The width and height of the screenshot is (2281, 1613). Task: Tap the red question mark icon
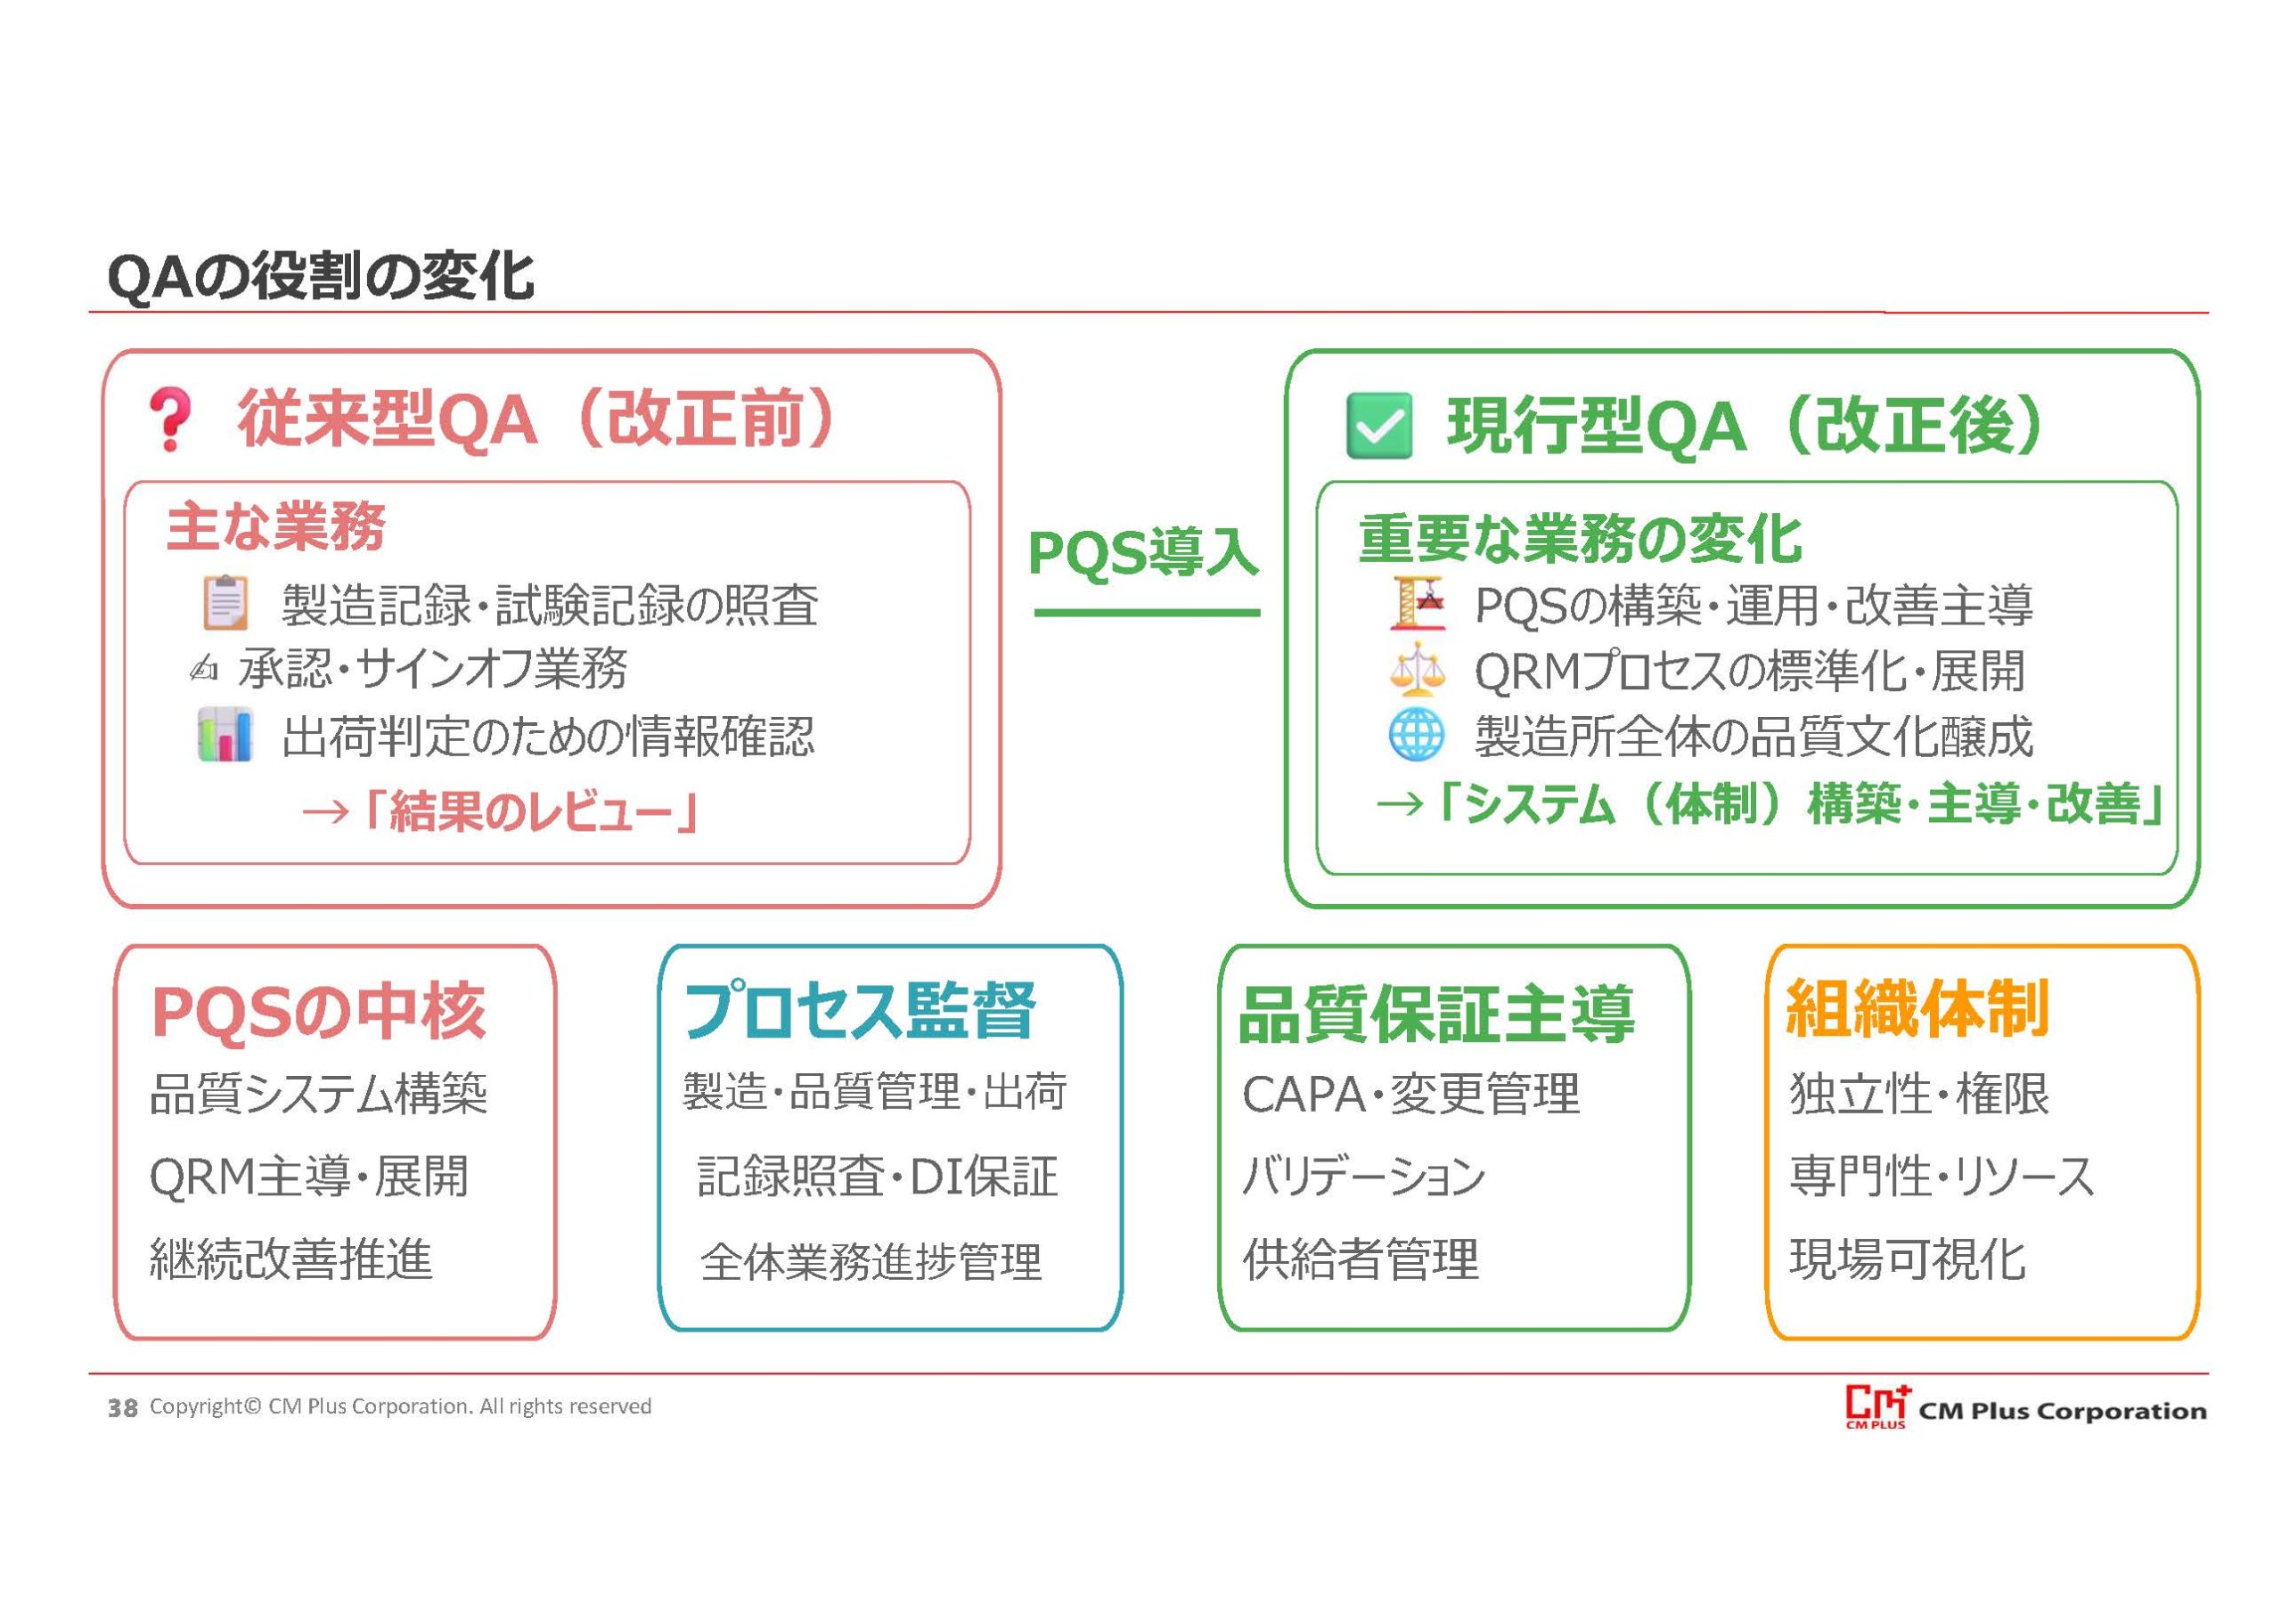click(169, 420)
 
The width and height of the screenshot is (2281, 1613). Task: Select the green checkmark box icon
click(1379, 426)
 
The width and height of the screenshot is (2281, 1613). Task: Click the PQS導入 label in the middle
click(1143, 552)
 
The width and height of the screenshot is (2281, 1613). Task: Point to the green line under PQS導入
click(1147, 613)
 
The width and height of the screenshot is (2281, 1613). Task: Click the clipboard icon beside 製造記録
click(225, 603)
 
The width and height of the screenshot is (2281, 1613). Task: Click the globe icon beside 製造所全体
click(1417, 735)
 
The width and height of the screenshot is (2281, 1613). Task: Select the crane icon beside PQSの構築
click(1417, 603)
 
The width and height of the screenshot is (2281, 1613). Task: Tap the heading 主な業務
click(276, 525)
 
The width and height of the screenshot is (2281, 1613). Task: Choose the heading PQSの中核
click(318, 1012)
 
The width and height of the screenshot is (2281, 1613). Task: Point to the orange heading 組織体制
click(1917, 1009)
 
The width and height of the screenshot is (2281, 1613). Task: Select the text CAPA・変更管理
click(1410, 1095)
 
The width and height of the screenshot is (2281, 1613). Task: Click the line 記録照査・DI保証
click(878, 1177)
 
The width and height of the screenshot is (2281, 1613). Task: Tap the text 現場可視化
click(1908, 1259)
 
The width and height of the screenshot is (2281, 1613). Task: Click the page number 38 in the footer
click(122, 1408)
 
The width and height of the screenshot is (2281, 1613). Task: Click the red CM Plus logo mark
click(1876, 1406)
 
